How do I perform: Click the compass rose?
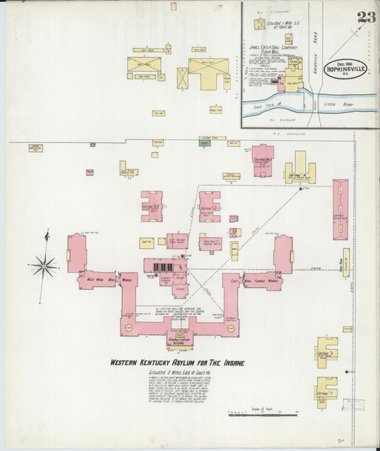(x=44, y=265)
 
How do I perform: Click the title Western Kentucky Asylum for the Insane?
(x=177, y=363)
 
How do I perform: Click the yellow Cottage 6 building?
(x=325, y=352)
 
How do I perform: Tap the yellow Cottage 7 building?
(x=325, y=392)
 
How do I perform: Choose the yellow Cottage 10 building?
(x=299, y=169)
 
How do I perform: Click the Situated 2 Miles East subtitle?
(x=177, y=374)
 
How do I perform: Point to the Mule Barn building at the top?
(x=206, y=66)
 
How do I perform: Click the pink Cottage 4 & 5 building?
(x=210, y=206)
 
